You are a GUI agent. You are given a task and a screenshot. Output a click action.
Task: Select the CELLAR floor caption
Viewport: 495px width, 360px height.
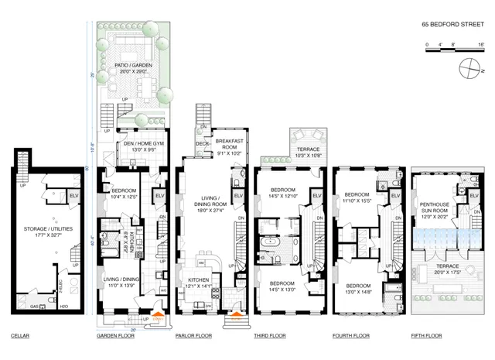coord(20,336)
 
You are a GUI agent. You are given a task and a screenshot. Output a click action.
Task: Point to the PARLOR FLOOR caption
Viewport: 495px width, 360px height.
coord(194,336)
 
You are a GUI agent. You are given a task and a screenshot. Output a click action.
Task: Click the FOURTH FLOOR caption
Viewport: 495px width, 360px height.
coord(351,336)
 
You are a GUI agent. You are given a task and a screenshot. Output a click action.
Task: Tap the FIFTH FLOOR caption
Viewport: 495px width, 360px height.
coord(427,336)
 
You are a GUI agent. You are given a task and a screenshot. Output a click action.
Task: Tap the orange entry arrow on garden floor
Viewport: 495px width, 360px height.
coord(159,315)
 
